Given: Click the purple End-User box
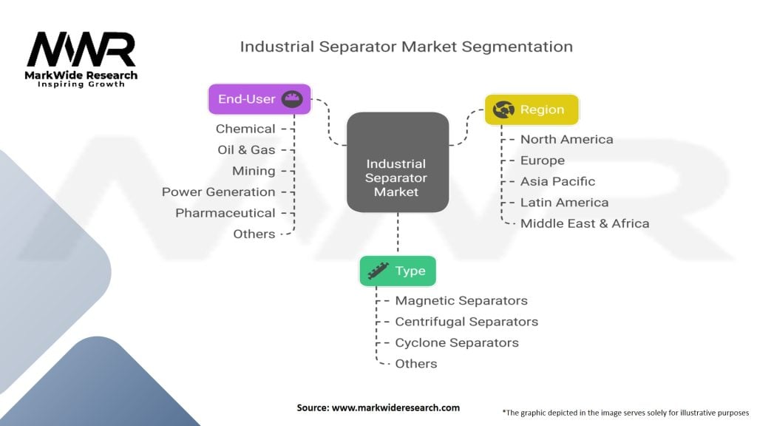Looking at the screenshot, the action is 259,99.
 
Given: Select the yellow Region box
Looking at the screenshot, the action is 532,109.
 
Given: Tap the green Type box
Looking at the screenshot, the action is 398,271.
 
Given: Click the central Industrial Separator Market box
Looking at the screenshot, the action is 398,162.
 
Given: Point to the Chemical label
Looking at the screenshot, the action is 245,129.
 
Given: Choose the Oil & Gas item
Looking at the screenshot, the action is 246,149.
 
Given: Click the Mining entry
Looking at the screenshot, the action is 254,171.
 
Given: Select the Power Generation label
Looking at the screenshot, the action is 218,192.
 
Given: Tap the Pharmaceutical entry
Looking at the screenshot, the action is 225,213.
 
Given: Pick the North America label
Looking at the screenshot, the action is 567,140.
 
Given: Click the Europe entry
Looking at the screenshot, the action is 542,160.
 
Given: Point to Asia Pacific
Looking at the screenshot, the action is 557,182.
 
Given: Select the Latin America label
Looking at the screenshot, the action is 564,203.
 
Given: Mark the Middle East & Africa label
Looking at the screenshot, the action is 585,223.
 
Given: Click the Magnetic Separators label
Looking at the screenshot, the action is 461,300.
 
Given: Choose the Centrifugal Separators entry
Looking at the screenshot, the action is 466,322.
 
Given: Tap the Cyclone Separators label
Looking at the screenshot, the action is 457,343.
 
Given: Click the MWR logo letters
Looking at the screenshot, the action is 81,50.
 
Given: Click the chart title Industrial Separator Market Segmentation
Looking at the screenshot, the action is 406,47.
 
